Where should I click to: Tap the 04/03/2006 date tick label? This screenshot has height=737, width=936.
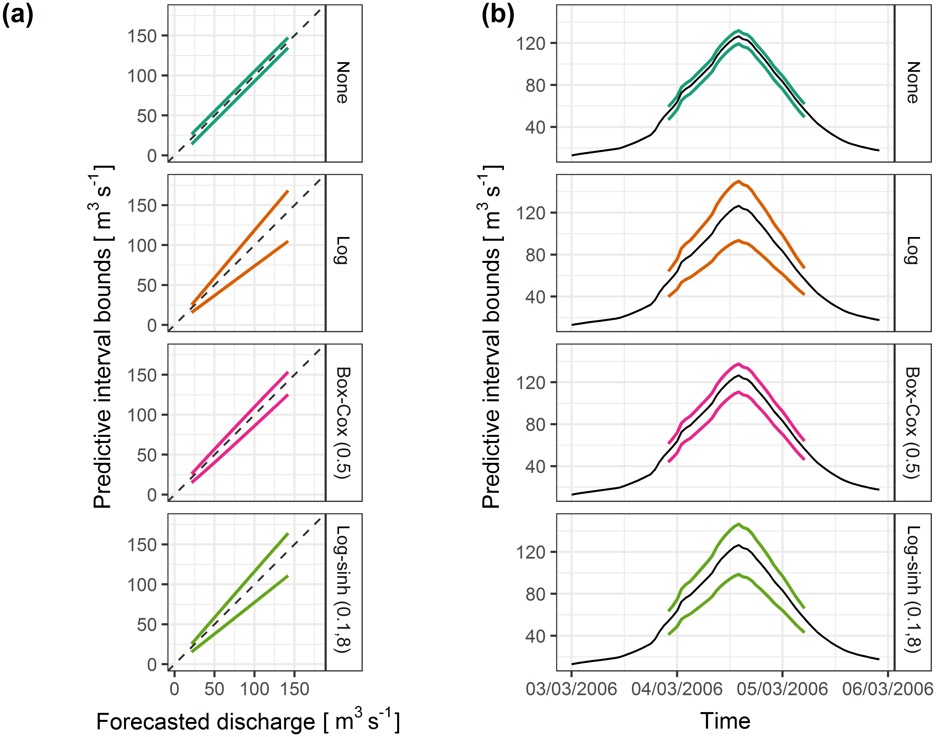coord(677,689)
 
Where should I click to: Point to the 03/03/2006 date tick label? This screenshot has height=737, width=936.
coord(571,689)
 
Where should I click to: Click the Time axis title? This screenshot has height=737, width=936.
coord(725,721)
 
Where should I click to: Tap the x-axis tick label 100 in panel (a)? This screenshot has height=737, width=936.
coord(255,689)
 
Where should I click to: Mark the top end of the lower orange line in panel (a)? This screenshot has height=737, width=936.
coord(287,242)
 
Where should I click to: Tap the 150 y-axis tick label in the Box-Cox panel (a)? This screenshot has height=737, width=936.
coord(142,375)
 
